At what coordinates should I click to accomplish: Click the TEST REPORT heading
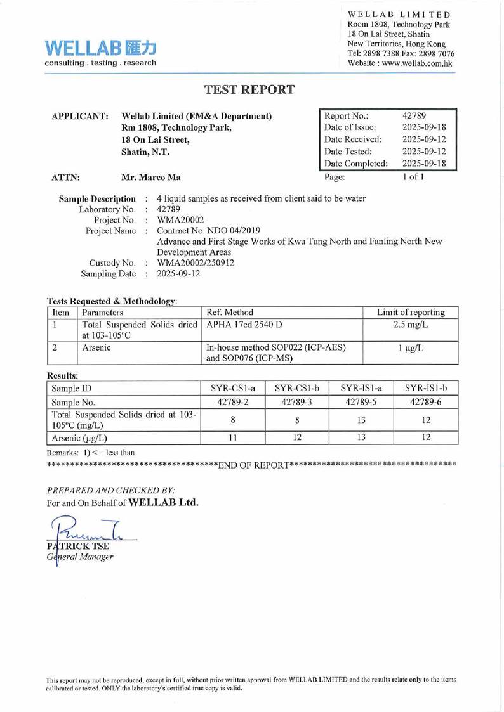(x=251, y=89)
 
